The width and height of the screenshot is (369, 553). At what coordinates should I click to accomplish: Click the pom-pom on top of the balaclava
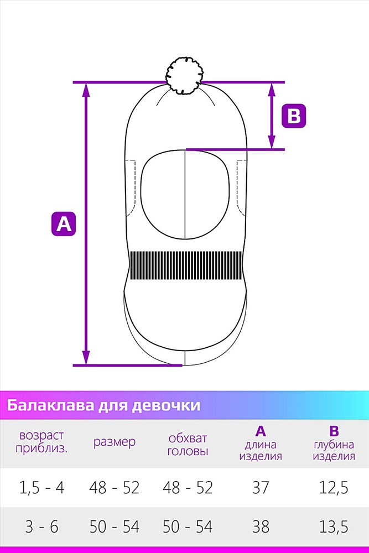(185, 75)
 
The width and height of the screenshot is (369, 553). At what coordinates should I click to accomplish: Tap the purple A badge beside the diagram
(64, 223)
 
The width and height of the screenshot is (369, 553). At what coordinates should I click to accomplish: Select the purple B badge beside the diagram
(294, 116)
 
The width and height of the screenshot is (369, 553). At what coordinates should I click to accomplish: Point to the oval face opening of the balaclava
(185, 195)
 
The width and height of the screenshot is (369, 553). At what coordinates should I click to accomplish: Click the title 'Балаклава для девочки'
(103, 405)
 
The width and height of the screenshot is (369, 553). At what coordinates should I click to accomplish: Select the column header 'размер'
(115, 442)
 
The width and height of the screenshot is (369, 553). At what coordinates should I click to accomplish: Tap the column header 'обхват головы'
(188, 445)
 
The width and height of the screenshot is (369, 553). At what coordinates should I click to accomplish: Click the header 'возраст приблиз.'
(41, 442)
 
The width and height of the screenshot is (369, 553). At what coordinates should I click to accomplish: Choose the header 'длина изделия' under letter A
(261, 450)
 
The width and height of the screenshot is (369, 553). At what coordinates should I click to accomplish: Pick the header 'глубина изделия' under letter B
(334, 450)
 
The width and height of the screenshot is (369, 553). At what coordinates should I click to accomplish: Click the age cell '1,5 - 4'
(41, 488)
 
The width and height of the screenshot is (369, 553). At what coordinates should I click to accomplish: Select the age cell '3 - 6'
(41, 527)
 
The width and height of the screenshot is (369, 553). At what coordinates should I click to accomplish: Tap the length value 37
(261, 488)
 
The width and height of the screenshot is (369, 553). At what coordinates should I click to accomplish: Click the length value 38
(261, 527)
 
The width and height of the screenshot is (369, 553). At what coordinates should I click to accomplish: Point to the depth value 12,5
(334, 488)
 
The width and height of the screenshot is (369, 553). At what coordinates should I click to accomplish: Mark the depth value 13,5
(334, 527)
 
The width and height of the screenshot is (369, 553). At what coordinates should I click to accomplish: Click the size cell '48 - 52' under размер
(115, 488)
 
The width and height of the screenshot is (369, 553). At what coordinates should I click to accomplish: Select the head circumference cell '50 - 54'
(188, 527)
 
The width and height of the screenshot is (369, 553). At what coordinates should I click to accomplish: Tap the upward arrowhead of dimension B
(271, 90)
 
